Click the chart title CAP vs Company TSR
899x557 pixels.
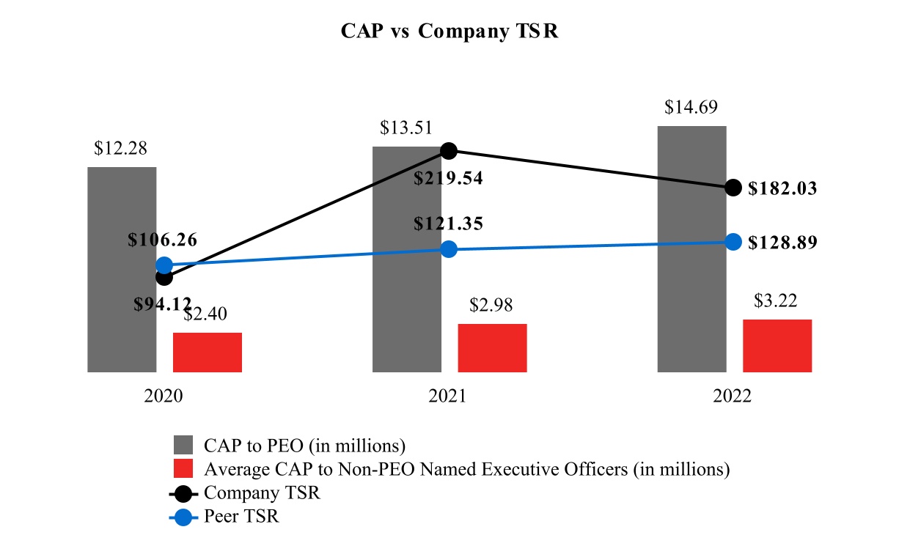[x=449, y=32]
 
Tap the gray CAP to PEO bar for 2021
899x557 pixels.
[x=407, y=308]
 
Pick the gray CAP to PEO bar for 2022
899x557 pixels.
[x=691, y=293]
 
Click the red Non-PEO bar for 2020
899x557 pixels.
[x=208, y=353]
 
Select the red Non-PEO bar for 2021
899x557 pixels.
[x=492, y=348]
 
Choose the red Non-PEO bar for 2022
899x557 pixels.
[x=777, y=346]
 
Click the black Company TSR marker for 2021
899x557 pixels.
[x=449, y=151]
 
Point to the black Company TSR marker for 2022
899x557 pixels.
[x=733, y=188]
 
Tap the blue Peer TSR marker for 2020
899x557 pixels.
[x=164, y=265]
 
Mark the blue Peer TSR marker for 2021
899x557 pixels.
[x=449, y=249]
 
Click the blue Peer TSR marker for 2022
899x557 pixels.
[x=733, y=242]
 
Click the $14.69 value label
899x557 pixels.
[x=691, y=107]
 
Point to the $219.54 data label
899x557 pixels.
[x=448, y=178]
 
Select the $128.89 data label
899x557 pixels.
[x=782, y=243]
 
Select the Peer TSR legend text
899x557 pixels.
[x=242, y=517]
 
